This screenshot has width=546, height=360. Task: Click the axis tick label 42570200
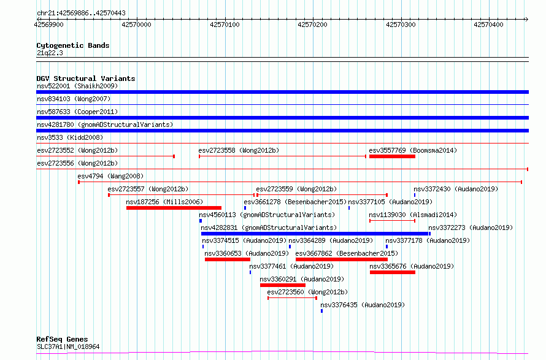tap(312, 25)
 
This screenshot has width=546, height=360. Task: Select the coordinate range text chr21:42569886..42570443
tap(81, 13)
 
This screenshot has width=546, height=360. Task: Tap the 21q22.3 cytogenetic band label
tap(50, 53)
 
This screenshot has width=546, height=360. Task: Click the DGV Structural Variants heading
tap(86, 79)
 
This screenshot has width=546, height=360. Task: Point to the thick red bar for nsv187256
tap(174, 208)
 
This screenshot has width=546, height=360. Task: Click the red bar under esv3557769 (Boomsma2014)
tap(392, 156)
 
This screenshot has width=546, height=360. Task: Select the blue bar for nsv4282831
tap(315, 234)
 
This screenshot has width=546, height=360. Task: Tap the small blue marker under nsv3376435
tap(321, 311)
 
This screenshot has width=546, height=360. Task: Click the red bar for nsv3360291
tap(283, 285)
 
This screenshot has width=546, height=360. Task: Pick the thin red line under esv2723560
tap(292, 298)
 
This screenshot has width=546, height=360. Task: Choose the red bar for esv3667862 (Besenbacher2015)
tap(342, 259)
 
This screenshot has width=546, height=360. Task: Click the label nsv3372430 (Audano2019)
tap(456, 189)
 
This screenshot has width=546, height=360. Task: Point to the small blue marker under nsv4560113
tap(201, 221)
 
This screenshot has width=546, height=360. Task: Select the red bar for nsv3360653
tap(228, 259)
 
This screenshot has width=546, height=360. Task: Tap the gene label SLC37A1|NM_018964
tap(68, 347)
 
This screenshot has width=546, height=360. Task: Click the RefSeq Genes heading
tap(63, 339)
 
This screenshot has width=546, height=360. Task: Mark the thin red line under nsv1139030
tap(392, 221)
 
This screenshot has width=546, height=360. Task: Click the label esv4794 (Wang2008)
tap(110, 176)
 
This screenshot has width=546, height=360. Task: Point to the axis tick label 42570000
tap(136, 25)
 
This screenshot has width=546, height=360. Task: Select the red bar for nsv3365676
tap(393, 272)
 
